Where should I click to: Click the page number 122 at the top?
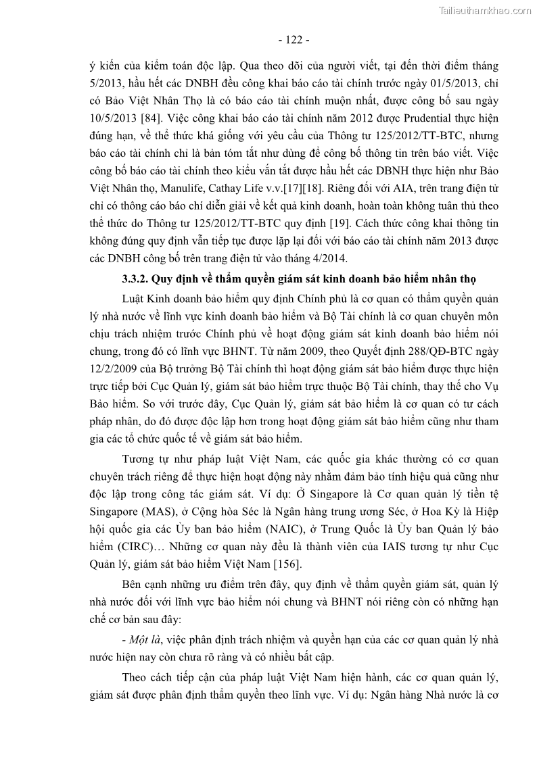(294, 40)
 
